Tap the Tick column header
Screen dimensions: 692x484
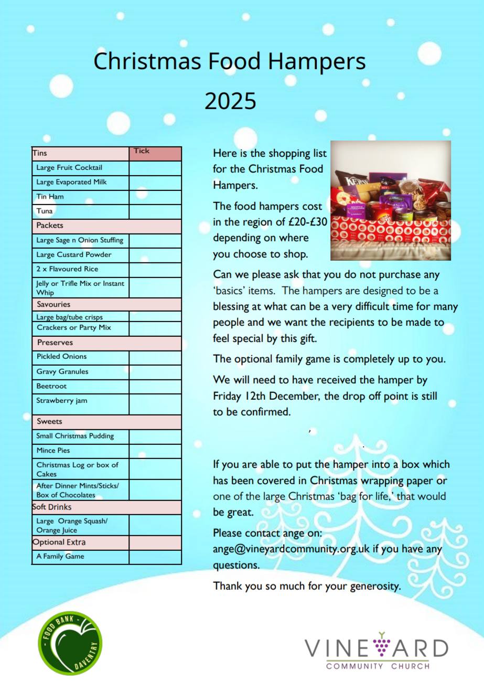tap(142, 151)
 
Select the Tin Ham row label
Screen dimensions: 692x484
tap(50, 197)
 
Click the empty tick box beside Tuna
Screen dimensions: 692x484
tap(155, 211)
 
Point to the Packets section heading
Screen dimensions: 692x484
tap(50, 226)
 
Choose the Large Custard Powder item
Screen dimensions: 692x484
tap(74, 254)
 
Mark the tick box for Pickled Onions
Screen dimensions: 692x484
tap(155, 357)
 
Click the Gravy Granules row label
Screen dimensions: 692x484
tap(62, 371)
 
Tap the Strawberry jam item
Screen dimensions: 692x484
tap(62, 401)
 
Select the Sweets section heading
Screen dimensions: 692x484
tap(49, 421)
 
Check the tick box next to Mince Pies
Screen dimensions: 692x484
tap(155, 451)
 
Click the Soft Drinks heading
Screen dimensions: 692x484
tap(52, 507)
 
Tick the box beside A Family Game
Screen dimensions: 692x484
tap(155, 557)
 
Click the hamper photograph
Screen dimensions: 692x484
tap(390, 200)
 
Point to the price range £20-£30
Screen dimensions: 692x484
tap(308, 222)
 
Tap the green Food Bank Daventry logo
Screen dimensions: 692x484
tap(70, 643)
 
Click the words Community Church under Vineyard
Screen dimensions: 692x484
tap(378, 666)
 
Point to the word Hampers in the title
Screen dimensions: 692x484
tap(317, 61)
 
